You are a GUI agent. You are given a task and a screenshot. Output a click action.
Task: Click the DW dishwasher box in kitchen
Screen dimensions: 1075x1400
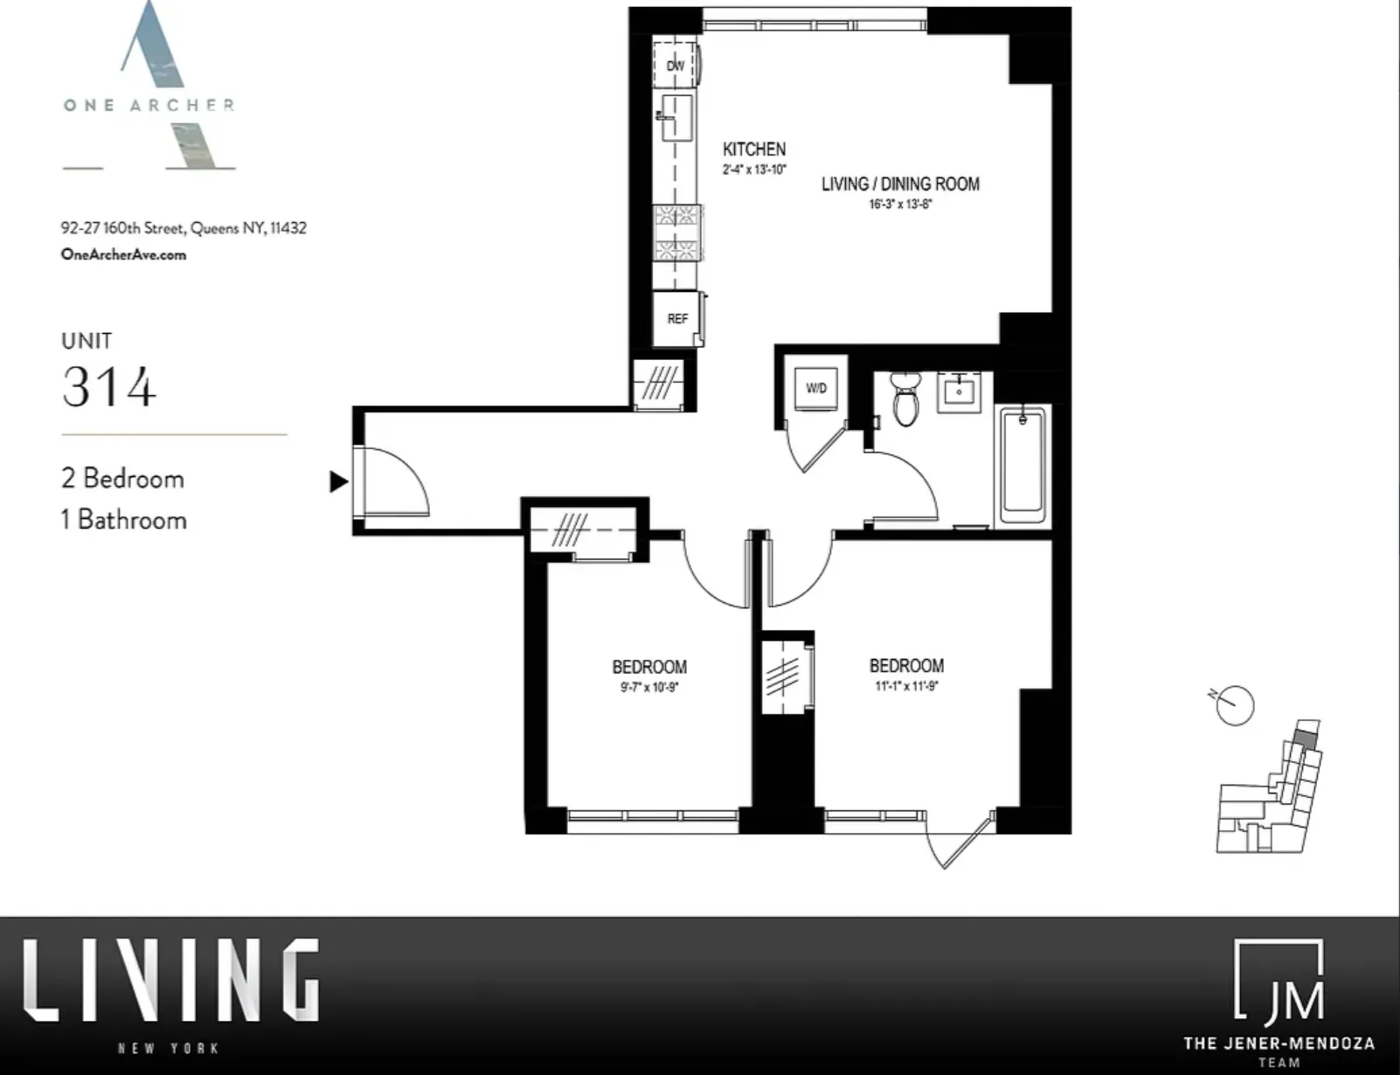coord(676,66)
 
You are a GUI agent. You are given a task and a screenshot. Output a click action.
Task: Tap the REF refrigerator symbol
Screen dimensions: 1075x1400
coord(677,319)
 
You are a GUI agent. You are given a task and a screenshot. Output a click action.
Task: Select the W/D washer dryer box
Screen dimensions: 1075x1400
coord(816,388)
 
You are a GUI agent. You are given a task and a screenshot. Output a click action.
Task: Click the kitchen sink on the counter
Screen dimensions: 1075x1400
coord(676,119)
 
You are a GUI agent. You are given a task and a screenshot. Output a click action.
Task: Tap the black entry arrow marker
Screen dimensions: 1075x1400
coord(338,482)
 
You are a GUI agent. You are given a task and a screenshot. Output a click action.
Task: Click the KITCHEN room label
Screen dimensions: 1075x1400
coord(753,149)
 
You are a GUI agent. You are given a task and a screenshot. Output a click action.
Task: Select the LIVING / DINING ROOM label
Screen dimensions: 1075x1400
coord(900,184)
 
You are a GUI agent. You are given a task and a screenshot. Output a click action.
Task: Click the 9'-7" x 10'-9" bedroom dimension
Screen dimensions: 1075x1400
coord(649,688)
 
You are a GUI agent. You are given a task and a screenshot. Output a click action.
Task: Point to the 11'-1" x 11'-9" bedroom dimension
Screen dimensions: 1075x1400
coord(906,686)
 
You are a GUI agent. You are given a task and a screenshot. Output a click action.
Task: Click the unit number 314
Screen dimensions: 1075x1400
coord(109,387)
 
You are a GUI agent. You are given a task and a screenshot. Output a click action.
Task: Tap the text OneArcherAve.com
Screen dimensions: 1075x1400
coord(123,254)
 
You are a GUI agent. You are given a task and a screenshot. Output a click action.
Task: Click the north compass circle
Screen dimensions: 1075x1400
coord(1236,704)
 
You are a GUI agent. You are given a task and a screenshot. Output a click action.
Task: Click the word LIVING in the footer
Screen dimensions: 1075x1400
coord(170,981)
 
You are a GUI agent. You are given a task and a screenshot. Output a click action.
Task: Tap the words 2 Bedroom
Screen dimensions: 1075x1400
coord(122,478)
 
